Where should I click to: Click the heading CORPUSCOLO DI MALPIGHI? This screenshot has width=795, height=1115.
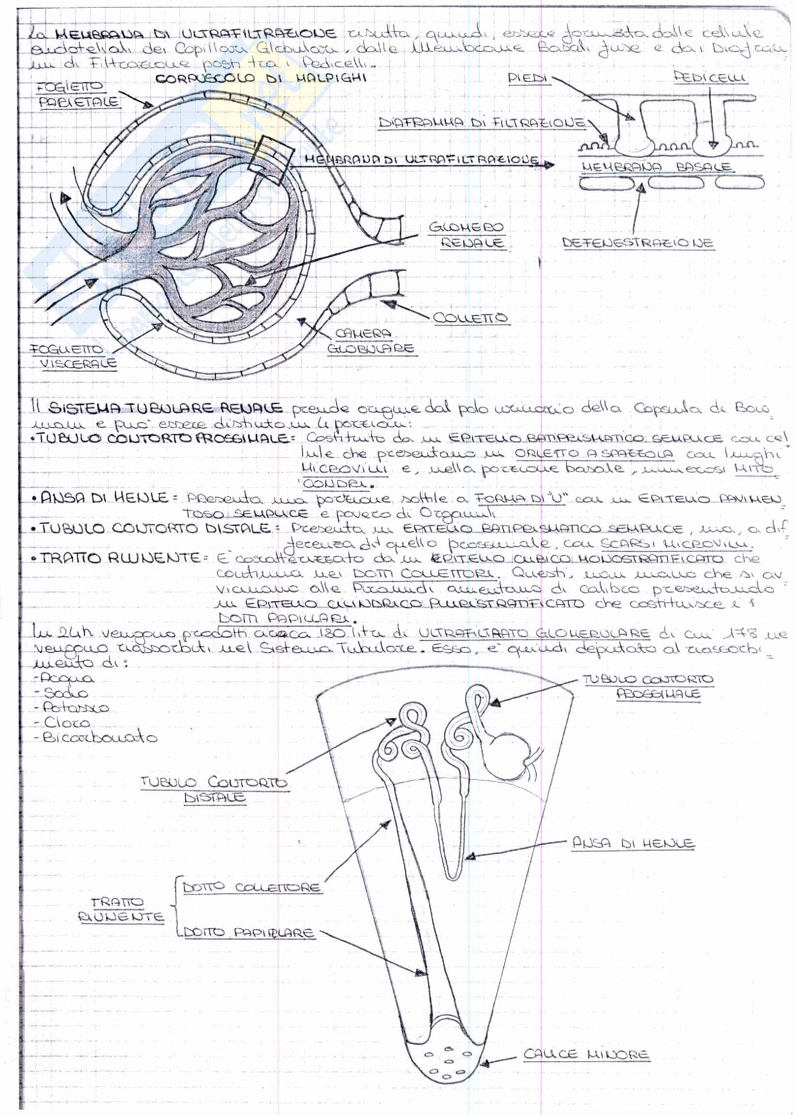(260, 78)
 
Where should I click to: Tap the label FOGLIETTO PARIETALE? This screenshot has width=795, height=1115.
(78, 95)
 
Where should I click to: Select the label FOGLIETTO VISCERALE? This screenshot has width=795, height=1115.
(74, 356)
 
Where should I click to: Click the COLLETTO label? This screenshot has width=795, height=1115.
(470, 318)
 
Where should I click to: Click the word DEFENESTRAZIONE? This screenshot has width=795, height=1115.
(637, 243)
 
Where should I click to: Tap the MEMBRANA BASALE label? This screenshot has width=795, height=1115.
(656, 167)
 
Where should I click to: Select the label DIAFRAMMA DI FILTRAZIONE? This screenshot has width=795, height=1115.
(482, 122)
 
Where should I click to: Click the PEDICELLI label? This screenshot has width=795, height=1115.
(710, 77)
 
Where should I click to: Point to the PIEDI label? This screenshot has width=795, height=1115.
(528, 78)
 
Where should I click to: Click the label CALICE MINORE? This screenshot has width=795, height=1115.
(586, 1054)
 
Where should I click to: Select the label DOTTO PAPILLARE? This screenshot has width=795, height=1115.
(248, 932)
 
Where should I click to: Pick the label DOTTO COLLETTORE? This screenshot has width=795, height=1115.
(252, 887)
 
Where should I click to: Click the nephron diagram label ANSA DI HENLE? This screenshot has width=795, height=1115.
(633, 843)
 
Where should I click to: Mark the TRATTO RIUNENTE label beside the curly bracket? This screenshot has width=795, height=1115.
(120, 909)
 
